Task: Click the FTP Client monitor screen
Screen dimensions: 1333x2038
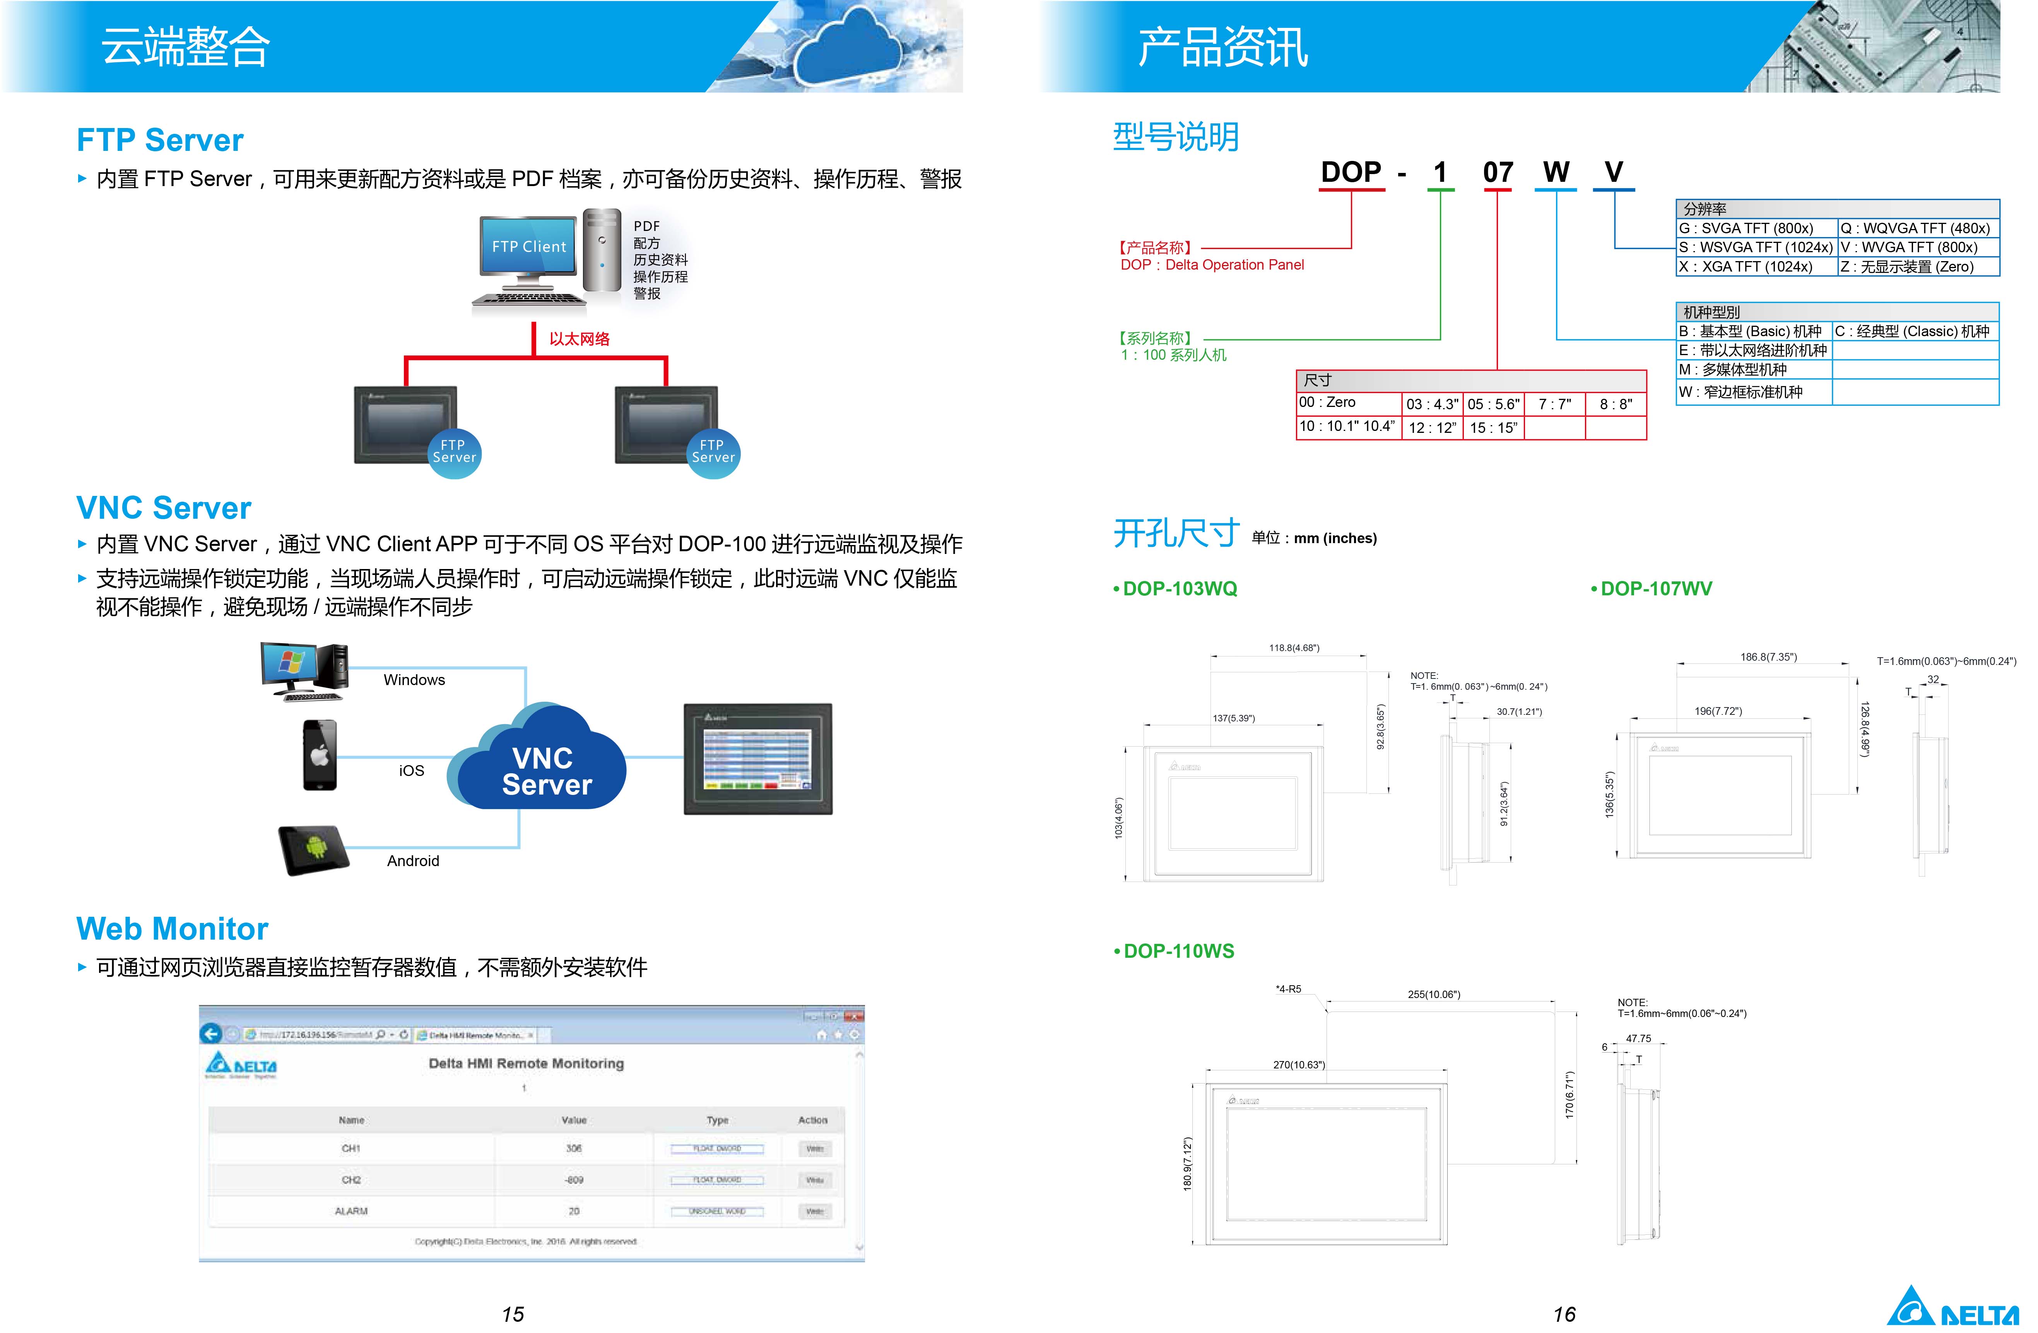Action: coord(528,246)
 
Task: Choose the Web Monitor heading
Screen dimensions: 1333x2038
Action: coord(172,929)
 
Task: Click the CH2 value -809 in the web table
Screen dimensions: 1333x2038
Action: coord(574,1180)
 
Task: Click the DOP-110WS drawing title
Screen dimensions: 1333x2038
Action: coord(1178,951)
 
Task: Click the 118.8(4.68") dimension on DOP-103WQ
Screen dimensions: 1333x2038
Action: coord(1294,648)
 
